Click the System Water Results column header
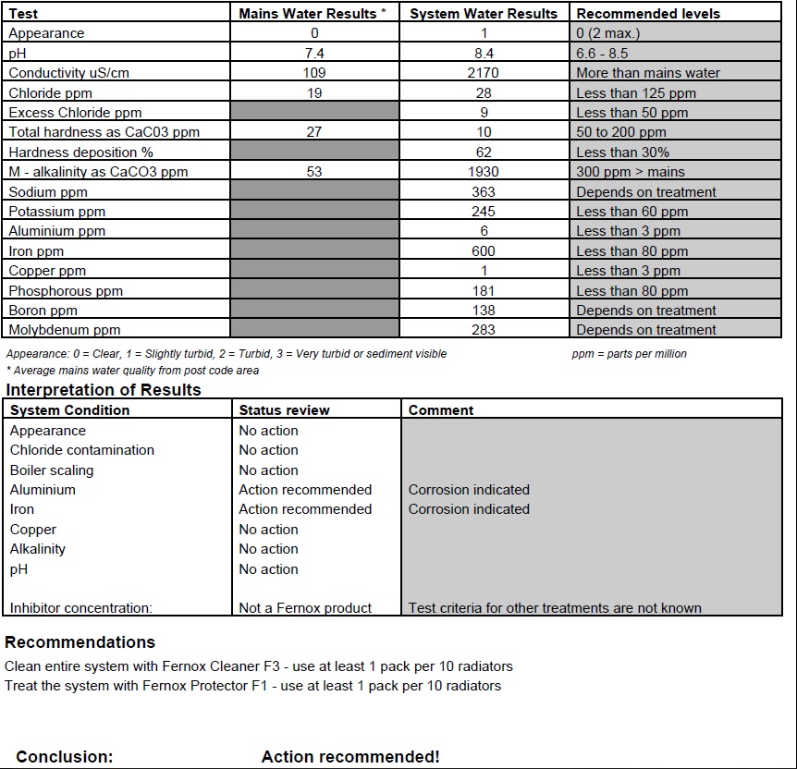coord(484,14)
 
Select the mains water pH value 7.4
coord(313,54)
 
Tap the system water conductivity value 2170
coord(484,73)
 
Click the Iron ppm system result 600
coord(484,251)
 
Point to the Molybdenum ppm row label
coord(65,330)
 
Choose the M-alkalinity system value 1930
coord(484,172)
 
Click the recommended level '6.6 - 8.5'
coord(602,54)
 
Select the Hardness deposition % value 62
coord(484,153)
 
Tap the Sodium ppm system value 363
coord(484,192)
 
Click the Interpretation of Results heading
coord(104,390)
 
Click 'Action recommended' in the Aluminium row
coord(305,490)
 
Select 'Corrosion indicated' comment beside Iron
coord(469,509)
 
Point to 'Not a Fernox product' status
coord(305,608)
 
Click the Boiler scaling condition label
coord(52,470)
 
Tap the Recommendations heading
coord(80,642)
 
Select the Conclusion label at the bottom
coord(64,757)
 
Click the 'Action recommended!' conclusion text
coord(350,757)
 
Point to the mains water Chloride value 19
coord(313,93)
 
